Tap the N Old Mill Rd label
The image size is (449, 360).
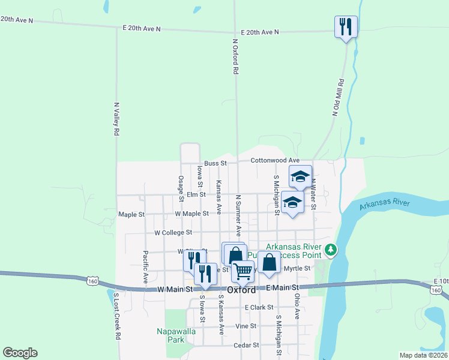click(x=339, y=97)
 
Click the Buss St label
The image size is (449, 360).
click(x=215, y=163)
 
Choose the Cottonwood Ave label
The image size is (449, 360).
click(x=274, y=160)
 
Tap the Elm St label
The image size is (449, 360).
click(x=196, y=194)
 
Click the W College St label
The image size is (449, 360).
click(x=173, y=232)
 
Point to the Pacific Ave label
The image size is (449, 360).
click(x=145, y=267)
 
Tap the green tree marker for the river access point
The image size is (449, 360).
click(x=330, y=249)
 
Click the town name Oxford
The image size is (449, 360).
click(x=242, y=289)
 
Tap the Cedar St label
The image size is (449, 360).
click(x=246, y=345)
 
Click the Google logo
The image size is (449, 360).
click(x=20, y=353)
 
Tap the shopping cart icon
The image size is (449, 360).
click(x=243, y=271)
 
